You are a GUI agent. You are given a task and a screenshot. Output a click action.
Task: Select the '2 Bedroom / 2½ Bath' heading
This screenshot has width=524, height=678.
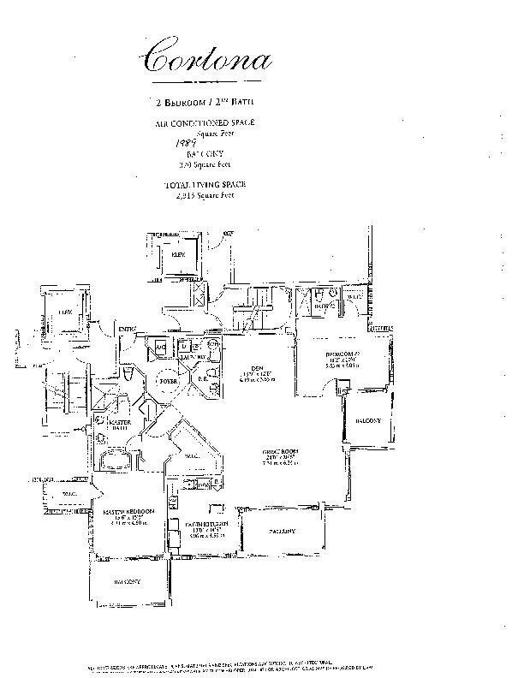pos(205,102)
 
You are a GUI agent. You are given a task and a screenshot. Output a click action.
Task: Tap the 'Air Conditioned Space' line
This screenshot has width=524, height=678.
pos(205,123)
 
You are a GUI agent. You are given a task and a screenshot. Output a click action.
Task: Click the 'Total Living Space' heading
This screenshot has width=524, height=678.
pos(205,185)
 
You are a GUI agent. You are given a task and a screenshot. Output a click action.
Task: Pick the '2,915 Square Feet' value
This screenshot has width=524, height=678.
pos(205,195)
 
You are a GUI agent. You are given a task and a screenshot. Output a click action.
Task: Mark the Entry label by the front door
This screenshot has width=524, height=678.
pos(129,329)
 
